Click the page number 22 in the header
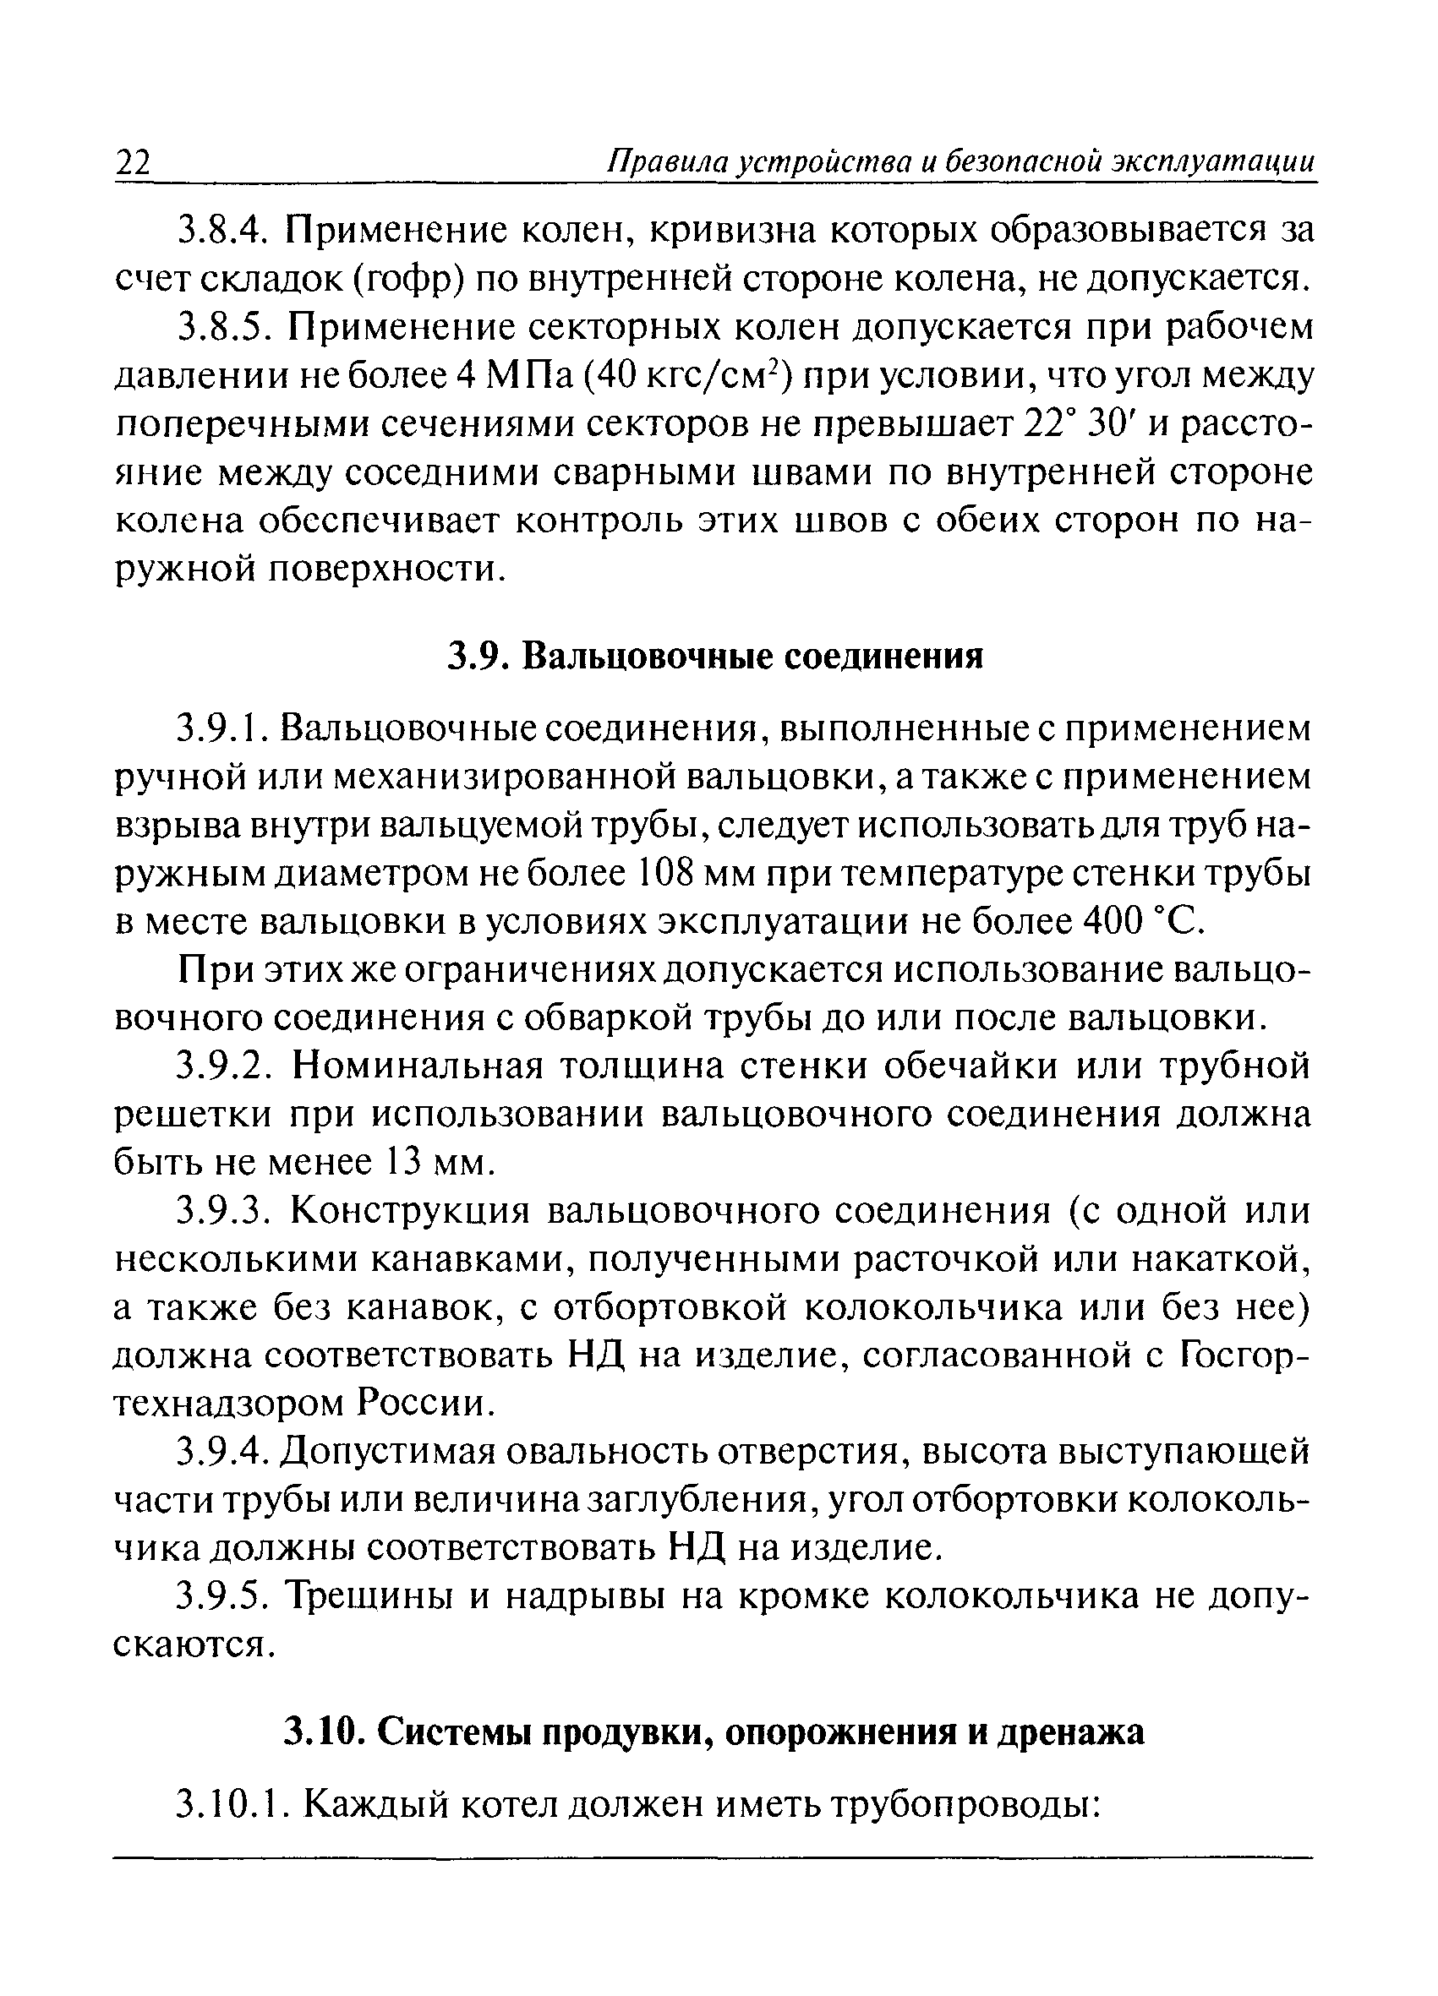pyautogui.click(x=134, y=163)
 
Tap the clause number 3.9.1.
pyautogui.click(x=226, y=728)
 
